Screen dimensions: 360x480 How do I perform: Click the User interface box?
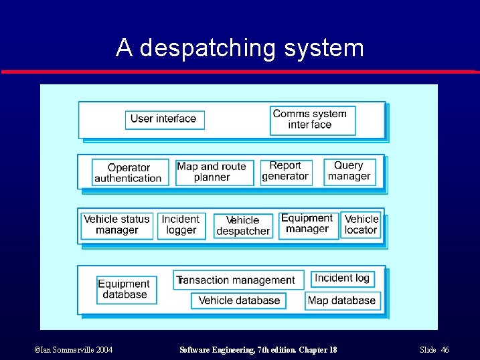[x=164, y=119]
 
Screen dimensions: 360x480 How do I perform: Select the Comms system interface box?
[x=312, y=119]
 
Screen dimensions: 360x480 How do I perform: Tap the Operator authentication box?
[x=128, y=173]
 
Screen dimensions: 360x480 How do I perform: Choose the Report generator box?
[x=286, y=171]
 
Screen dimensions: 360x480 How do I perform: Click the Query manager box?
[x=349, y=171]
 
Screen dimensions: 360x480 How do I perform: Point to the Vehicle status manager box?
[x=116, y=225]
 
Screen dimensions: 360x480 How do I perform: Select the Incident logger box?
[x=181, y=225]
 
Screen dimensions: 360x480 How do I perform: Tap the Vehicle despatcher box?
[x=243, y=226]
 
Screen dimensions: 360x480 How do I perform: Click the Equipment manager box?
[x=308, y=224]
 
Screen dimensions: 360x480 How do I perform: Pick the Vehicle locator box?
[x=361, y=225]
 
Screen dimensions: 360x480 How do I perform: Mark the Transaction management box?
[x=239, y=280]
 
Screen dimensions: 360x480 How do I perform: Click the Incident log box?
[x=342, y=278]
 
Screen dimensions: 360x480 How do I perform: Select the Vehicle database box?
[x=239, y=300]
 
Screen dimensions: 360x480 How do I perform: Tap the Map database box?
[x=342, y=300]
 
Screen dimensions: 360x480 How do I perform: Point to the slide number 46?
[x=445, y=350]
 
